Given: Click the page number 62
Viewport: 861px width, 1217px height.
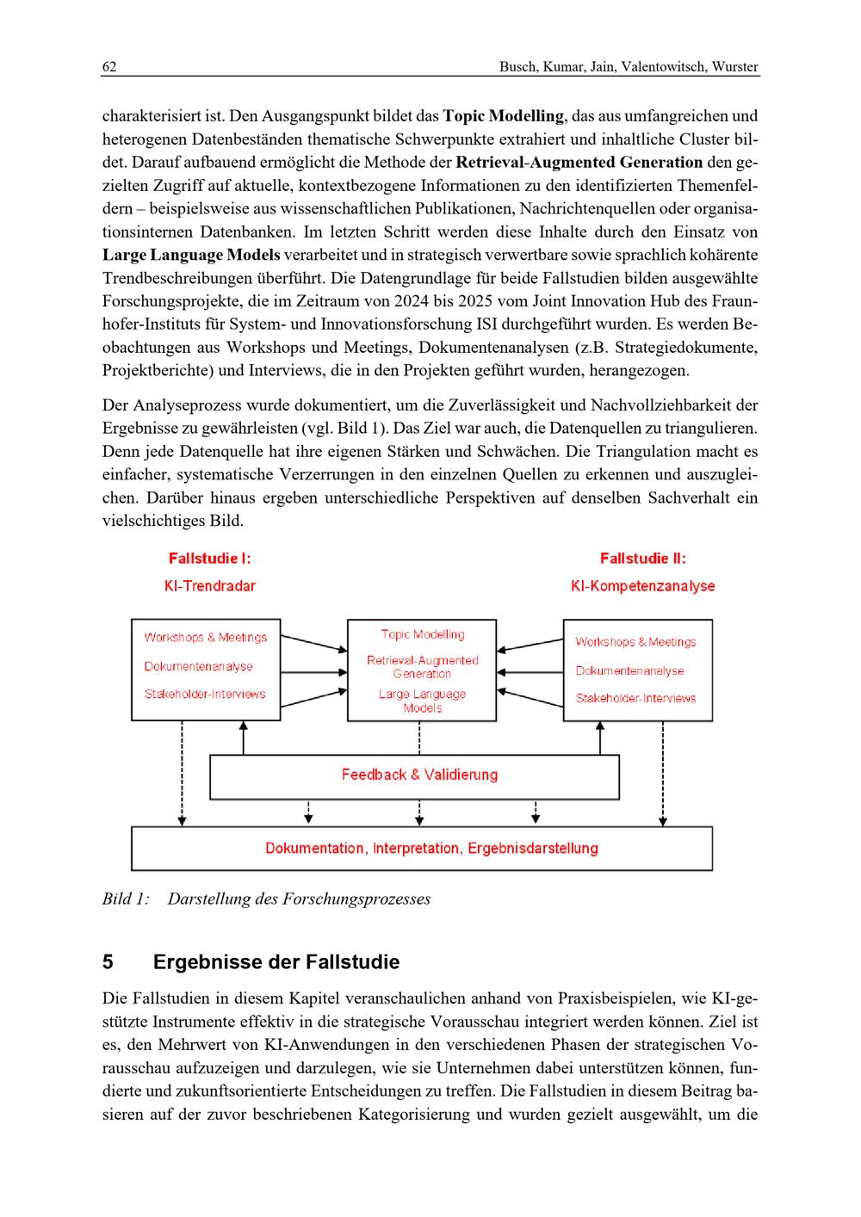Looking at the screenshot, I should pyautogui.click(x=109, y=67).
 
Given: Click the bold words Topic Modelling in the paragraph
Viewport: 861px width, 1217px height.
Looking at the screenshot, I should pyautogui.click(x=504, y=115).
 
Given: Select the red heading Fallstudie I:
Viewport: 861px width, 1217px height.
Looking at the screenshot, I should pyautogui.click(x=209, y=559).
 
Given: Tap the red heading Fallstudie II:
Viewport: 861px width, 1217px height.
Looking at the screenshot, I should pyautogui.click(x=642, y=559).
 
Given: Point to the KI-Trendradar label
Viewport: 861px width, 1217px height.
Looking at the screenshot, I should pyautogui.click(x=209, y=586).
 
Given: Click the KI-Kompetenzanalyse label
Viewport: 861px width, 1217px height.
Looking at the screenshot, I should pyautogui.click(x=642, y=586).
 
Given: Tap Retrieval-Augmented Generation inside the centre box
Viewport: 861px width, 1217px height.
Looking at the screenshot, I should pyautogui.click(x=422, y=667).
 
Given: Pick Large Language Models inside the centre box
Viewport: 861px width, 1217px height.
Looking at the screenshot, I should pyautogui.click(x=422, y=701).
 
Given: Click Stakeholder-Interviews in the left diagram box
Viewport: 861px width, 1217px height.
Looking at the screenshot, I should pyautogui.click(x=205, y=695).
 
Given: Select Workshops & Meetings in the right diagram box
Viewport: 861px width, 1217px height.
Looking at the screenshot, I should pyautogui.click(x=635, y=642).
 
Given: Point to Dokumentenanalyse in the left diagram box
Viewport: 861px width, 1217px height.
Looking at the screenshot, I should pyautogui.click(x=199, y=666).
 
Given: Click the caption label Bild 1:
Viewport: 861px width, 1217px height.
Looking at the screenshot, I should pyautogui.click(x=126, y=899).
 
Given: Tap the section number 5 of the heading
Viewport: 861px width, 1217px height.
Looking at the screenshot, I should pyautogui.click(x=108, y=962).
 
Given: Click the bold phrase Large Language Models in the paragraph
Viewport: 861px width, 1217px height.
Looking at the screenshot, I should pyautogui.click(x=191, y=255).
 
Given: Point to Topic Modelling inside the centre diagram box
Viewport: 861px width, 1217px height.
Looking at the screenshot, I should pyautogui.click(x=422, y=634).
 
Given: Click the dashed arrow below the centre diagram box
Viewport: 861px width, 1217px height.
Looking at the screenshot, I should pyautogui.click(x=419, y=738).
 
